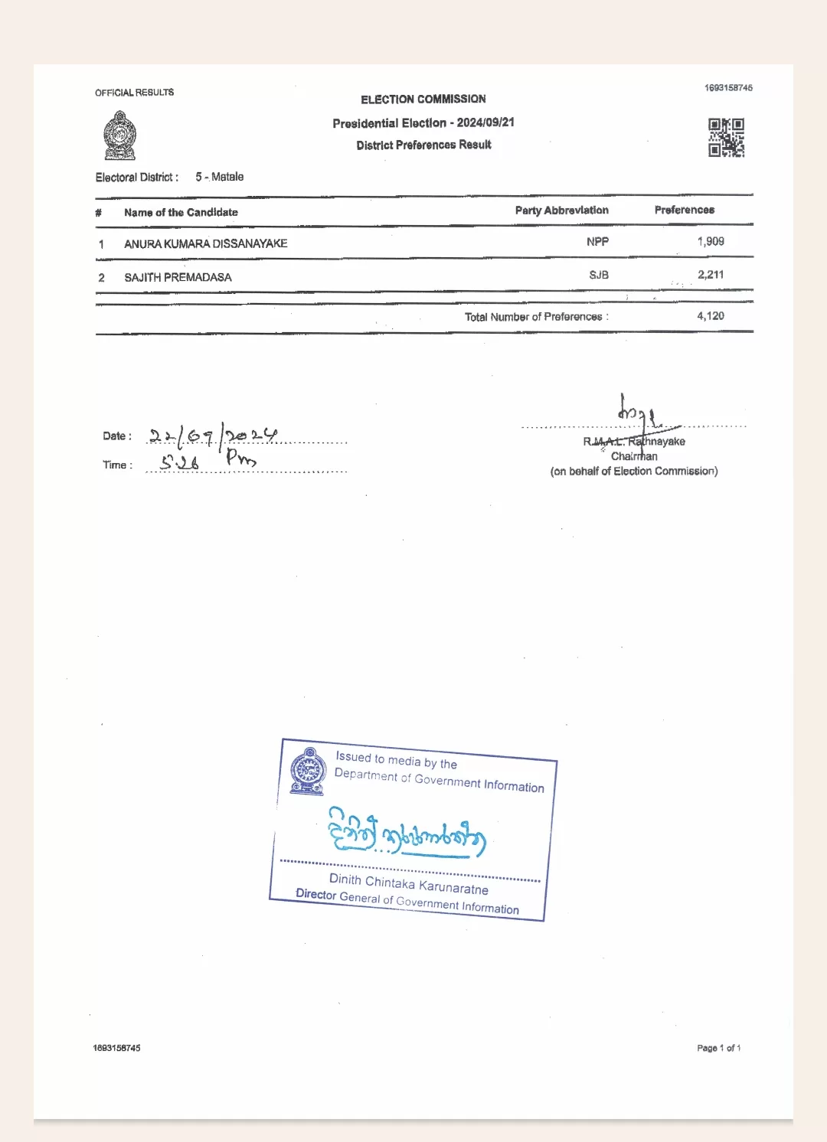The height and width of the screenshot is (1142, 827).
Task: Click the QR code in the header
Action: (x=726, y=137)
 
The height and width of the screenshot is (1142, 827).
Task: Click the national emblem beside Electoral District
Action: (x=119, y=135)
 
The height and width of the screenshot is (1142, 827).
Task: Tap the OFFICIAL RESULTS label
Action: (x=134, y=93)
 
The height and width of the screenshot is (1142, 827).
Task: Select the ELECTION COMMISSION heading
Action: (x=423, y=100)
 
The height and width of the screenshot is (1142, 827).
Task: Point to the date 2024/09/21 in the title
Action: (x=485, y=122)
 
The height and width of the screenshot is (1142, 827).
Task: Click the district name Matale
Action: (x=227, y=177)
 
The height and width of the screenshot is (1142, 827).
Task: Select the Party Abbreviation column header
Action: (x=561, y=210)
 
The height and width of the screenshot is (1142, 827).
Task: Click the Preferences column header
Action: (x=684, y=210)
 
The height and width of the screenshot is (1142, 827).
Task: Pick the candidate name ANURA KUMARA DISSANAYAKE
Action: (x=205, y=243)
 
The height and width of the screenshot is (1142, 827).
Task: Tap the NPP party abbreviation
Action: (x=597, y=242)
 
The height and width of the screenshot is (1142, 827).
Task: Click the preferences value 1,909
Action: (x=710, y=241)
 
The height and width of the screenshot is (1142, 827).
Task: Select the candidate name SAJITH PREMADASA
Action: (x=178, y=277)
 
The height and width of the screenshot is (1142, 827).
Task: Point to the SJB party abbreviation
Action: (x=598, y=275)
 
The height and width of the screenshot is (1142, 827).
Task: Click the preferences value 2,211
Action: (x=710, y=275)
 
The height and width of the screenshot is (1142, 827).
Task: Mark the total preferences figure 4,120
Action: (x=710, y=316)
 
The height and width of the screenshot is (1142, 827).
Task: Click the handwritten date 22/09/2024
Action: (x=213, y=436)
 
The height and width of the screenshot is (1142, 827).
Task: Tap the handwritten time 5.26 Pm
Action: (x=208, y=461)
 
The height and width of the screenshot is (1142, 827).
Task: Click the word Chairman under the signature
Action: (x=634, y=456)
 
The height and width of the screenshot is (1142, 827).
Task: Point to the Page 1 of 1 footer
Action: (x=718, y=1048)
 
